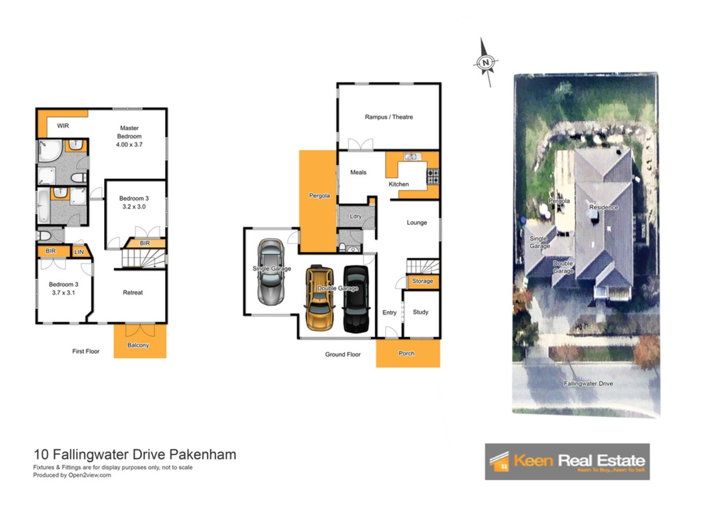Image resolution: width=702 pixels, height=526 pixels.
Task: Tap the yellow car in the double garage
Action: [x=319, y=297]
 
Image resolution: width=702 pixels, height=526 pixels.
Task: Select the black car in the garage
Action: [x=356, y=299]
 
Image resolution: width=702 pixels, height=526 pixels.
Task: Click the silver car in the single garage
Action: [x=271, y=272]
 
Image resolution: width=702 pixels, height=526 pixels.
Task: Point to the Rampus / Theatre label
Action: [x=388, y=117]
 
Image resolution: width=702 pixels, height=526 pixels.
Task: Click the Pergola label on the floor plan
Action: [x=319, y=195]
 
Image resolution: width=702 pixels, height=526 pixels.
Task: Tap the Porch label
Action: [x=406, y=353]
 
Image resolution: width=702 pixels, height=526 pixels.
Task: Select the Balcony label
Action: [x=138, y=345]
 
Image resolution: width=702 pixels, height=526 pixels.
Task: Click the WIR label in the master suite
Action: [x=63, y=126]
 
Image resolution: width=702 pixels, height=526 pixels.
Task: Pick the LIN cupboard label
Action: [x=79, y=252]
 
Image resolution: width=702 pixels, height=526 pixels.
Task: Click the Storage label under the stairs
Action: [x=422, y=281]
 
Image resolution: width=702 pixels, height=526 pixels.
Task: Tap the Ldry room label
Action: [x=355, y=216]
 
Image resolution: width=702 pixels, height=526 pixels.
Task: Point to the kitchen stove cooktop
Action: [x=432, y=177]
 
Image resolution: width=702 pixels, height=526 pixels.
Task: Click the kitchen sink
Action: [x=412, y=157]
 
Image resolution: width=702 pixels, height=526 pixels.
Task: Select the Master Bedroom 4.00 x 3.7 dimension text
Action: [x=129, y=144]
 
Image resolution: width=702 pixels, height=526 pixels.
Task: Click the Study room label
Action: [x=420, y=312]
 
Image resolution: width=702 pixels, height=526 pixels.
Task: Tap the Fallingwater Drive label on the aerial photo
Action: [x=588, y=383]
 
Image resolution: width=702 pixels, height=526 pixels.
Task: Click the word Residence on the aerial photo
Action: [x=604, y=207]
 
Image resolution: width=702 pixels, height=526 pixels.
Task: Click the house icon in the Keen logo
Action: [x=500, y=462]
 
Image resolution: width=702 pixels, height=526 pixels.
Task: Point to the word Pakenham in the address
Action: [x=203, y=454]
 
